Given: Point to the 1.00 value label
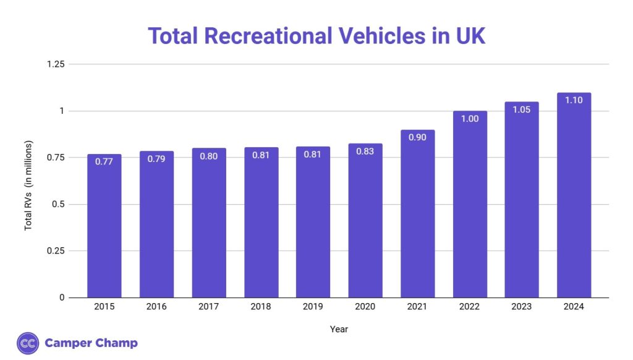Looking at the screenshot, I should pyautogui.click(x=470, y=119).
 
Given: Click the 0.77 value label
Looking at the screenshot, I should pyautogui.click(x=104, y=162).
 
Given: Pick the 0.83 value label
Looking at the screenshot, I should pyautogui.click(x=365, y=152).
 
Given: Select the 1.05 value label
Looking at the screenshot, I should pyautogui.click(x=522, y=109).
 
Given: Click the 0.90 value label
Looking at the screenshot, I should pyautogui.click(x=417, y=137).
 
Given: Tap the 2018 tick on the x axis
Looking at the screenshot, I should pyautogui.click(x=261, y=306).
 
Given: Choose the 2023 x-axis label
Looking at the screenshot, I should pyautogui.click(x=522, y=306).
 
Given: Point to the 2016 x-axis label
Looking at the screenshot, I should pyautogui.click(x=156, y=306).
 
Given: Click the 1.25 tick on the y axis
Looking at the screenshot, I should pyautogui.click(x=56, y=64).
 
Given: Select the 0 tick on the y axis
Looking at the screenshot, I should pyautogui.click(x=62, y=298).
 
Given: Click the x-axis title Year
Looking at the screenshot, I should pyautogui.click(x=339, y=329).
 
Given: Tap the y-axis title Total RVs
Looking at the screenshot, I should pyautogui.click(x=28, y=186).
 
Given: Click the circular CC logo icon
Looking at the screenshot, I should pyautogui.click(x=28, y=343).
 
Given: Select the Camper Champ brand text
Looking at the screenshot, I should pyautogui.click(x=91, y=343).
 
